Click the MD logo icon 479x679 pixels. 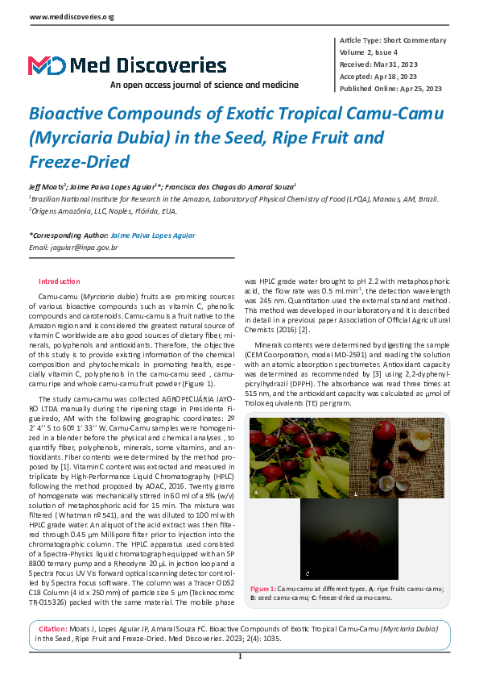point(47,65)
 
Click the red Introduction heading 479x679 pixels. point(60,281)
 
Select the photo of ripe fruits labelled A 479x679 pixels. point(298,456)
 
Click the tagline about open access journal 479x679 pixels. point(204,85)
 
